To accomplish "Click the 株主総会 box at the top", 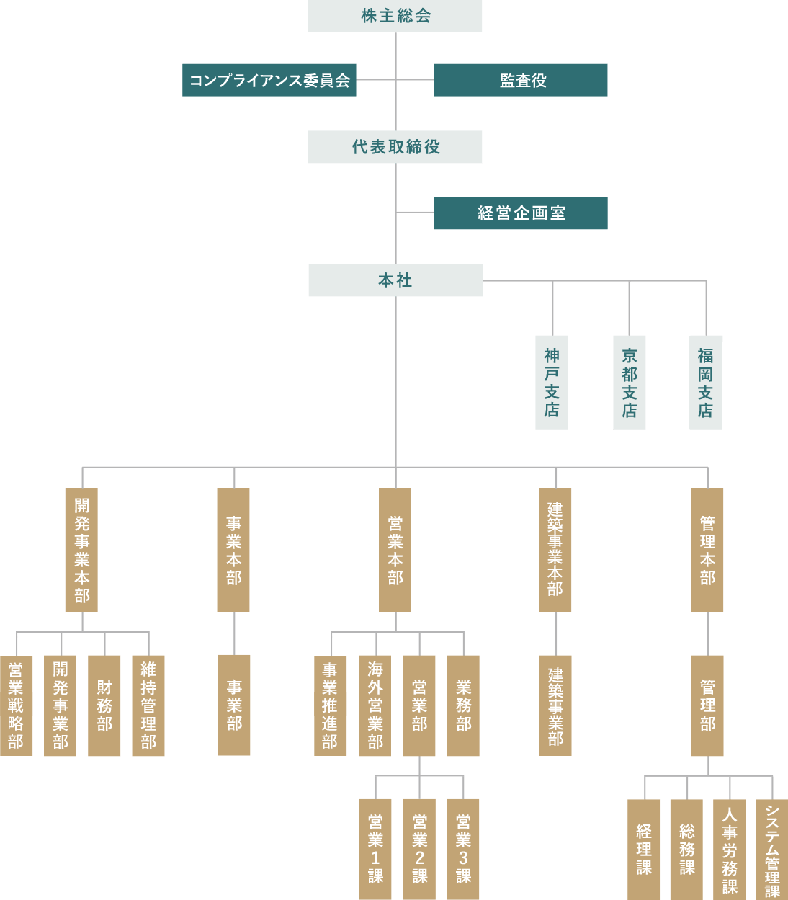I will (395, 16).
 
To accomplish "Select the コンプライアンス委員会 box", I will (269, 80).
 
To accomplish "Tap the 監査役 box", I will (521, 80).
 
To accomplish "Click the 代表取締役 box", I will (395, 147).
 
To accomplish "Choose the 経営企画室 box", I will (521, 213).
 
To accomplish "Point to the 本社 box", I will (395, 280).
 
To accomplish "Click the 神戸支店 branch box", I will (552, 383).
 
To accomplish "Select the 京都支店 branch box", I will (630, 383).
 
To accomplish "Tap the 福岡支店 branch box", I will (706, 383).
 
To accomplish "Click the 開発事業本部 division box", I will (81, 550).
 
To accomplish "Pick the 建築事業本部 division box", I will (555, 550).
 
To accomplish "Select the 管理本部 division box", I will (707, 550).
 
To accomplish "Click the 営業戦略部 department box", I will (16, 705).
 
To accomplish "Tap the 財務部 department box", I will (104, 705).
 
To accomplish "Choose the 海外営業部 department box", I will (375, 705).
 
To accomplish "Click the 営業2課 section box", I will (419, 849).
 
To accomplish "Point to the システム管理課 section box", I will (772, 849).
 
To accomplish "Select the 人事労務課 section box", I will (729, 849).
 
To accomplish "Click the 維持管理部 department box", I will (148, 705).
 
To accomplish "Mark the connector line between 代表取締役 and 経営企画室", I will (415, 213).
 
